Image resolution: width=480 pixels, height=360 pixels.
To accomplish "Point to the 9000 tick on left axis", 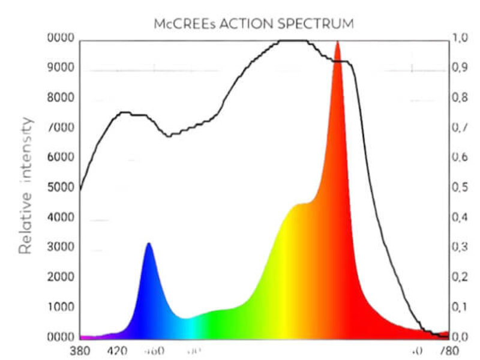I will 60,68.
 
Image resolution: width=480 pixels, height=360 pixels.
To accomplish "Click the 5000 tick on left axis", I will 60,188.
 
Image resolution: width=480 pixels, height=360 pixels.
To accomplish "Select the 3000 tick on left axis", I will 60,248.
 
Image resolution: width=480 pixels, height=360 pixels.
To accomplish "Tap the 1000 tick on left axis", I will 60,307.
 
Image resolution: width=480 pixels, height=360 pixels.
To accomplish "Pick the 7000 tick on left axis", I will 60,128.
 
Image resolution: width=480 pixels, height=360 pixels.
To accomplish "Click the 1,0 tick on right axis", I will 460,38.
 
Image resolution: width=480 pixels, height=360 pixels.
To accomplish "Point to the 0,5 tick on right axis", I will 460,188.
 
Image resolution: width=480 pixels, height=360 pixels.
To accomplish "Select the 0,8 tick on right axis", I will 460,98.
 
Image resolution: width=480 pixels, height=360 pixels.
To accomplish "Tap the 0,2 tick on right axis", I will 460,277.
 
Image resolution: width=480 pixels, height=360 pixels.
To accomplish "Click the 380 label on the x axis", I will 80,350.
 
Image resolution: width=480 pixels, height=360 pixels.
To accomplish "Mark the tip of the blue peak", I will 149,244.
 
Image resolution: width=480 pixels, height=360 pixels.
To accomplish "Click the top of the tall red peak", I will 337,42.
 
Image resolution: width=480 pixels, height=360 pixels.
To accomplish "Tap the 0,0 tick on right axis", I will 460,337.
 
